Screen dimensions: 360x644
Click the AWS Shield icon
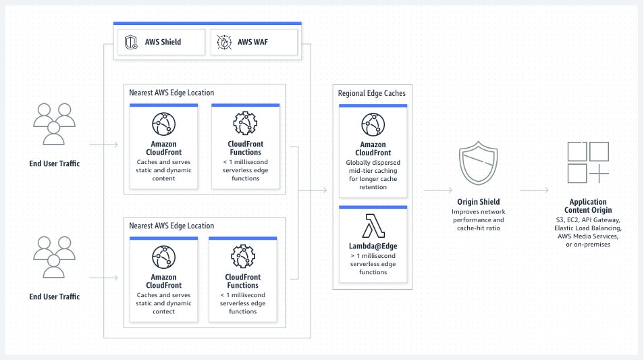(x=131, y=42)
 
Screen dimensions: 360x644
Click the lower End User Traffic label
(x=54, y=297)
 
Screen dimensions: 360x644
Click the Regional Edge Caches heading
(x=372, y=93)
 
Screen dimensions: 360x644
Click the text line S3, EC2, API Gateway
(x=588, y=220)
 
